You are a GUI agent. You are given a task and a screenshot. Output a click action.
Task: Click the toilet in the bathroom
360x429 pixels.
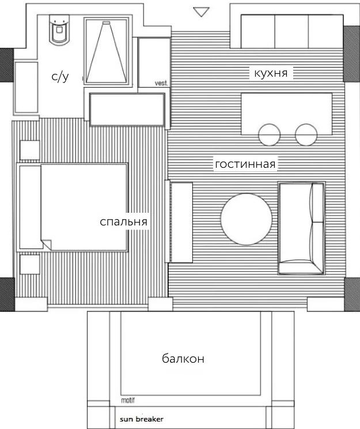pos(59,29)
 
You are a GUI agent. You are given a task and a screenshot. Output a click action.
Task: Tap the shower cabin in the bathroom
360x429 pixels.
pos(107,52)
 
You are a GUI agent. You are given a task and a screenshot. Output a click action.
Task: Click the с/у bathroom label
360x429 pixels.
pos(60,77)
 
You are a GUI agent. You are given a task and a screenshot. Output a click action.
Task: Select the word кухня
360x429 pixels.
pos(271,73)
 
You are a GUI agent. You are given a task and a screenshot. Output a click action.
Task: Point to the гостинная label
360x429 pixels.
pos(245,164)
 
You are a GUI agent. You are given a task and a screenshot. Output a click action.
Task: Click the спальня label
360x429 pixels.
pos(124,221)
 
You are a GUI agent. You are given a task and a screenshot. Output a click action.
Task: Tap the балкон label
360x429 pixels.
pos(183,359)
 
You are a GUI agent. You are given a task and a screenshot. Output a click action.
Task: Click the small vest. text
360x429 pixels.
pos(161,83)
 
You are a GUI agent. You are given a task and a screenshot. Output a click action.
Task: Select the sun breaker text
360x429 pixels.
pos(142,419)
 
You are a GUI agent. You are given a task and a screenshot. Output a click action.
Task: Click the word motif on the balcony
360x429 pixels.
pos(128,400)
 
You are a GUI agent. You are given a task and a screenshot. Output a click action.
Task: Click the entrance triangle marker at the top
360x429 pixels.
pos(201,12)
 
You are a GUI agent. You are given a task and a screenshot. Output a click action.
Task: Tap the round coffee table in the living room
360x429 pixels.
pos(247,219)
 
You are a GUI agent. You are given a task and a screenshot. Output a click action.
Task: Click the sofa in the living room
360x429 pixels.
pos(301,228)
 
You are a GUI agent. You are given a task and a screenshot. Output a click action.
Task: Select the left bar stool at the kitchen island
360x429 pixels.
pos(269,134)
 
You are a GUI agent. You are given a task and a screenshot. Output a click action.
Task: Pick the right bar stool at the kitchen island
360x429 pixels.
pos(306,134)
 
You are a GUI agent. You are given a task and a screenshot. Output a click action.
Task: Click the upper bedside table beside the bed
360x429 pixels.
pos(30,150)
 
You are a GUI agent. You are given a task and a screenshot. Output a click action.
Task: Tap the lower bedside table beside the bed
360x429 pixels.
pos(30,264)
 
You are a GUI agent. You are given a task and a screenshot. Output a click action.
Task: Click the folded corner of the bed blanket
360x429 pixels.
pos(47,244)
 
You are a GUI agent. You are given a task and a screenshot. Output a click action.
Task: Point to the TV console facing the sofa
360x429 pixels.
pos(181,223)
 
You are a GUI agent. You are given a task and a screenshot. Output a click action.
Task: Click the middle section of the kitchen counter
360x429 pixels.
pos(291,32)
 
